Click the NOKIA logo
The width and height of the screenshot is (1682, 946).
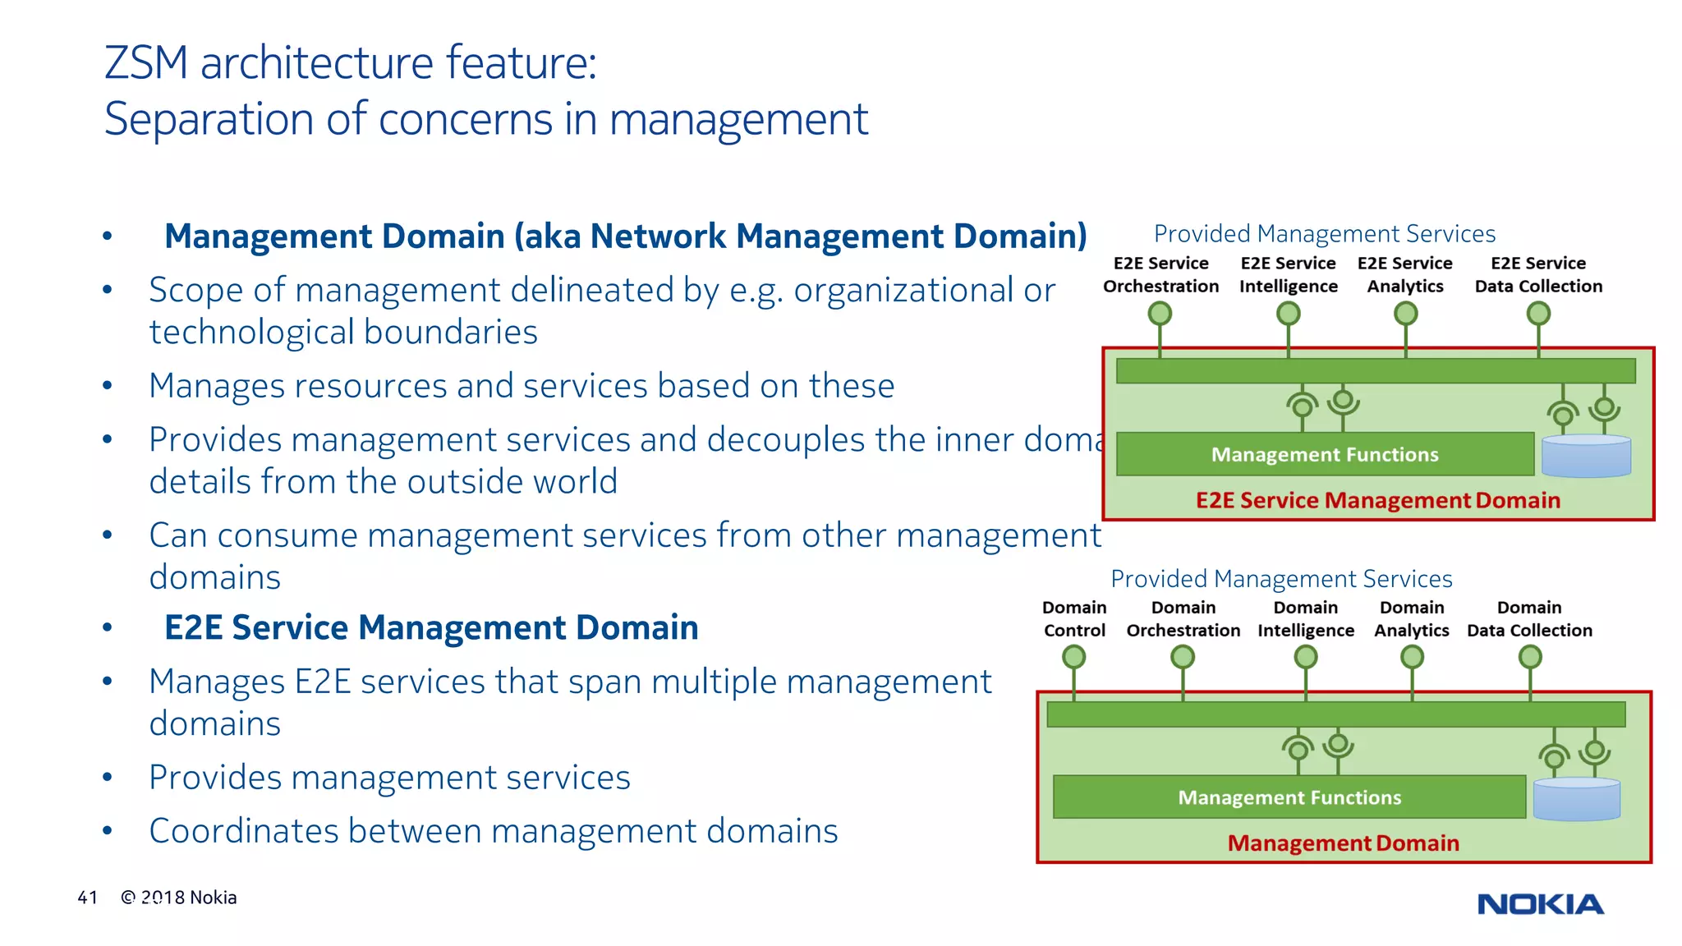pyautogui.click(x=1540, y=904)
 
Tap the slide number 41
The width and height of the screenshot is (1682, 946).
pyautogui.click(x=87, y=898)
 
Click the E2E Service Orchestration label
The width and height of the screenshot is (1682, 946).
pyautogui.click(x=1160, y=275)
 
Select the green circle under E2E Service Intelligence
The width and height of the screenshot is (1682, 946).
pyautogui.click(x=1288, y=314)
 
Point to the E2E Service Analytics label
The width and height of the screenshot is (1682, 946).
pyautogui.click(x=1404, y=275)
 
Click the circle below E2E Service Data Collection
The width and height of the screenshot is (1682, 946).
pyautogui.click(x=1537, y=314)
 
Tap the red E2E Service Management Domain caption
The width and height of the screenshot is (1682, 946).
pyautogui.click(x=1377, y=500)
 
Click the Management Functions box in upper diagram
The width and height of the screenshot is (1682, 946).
pyautogui.click(x=1324, y=454)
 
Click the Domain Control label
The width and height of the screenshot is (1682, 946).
pyautogui.click(x=1074, y=619)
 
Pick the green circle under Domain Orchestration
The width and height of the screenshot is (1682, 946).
pyautogui.click(x=1182, y=657)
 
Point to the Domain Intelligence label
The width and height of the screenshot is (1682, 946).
pyautogui.click(x=1305, y=619)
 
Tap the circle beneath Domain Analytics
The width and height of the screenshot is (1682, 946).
pyautogui.click(x=1411, y=657)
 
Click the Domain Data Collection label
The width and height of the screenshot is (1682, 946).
pyautogui.click(x=1528, y=619)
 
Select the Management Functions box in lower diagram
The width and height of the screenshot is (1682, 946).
pyautogui.click(x=1289, y=797)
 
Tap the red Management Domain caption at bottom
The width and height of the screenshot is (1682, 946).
pyautogui.click(x=1343, y=843)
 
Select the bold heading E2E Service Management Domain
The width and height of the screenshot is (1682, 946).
pyautogui.click(x=431, y=628)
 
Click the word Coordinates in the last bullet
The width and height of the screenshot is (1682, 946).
pyautogui.click(x=243, y=831)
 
